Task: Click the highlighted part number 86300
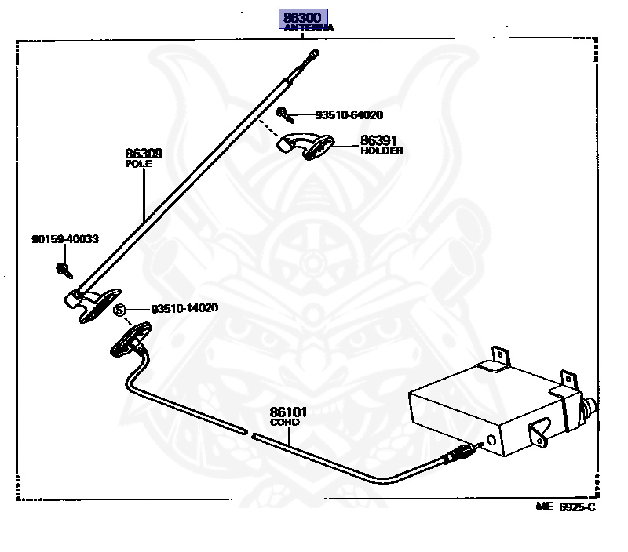301,18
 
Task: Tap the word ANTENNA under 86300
309,28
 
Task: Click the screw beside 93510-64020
291,114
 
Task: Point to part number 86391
376,140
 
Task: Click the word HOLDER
382,151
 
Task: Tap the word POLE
138,165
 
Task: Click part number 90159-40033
65,239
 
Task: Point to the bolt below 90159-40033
62,271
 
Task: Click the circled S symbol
120,310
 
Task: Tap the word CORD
284,422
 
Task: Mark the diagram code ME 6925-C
566,507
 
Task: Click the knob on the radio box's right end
590,407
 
